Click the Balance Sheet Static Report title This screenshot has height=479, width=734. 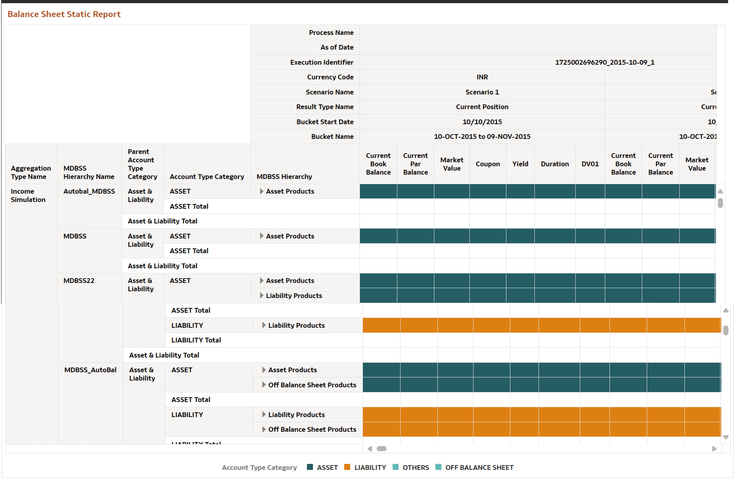[x=64, y=14]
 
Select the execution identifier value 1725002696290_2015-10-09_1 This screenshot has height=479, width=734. [x=604, y=62]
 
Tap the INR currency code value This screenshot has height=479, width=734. [x=482, y=77]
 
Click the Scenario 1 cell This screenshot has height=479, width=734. [x=482, y=92]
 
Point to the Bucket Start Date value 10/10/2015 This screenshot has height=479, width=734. [x=482, y=122]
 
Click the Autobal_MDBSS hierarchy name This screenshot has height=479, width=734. [x=89, y=191]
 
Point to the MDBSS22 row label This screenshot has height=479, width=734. [x=79, y=281]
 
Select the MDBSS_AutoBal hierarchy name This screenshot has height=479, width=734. [x=90, y=370]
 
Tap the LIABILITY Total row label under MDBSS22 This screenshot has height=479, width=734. [x=196, y=340]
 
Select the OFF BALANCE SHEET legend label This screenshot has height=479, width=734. [x=479, y=468]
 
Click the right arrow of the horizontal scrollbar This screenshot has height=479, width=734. [x=714, y=449]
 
